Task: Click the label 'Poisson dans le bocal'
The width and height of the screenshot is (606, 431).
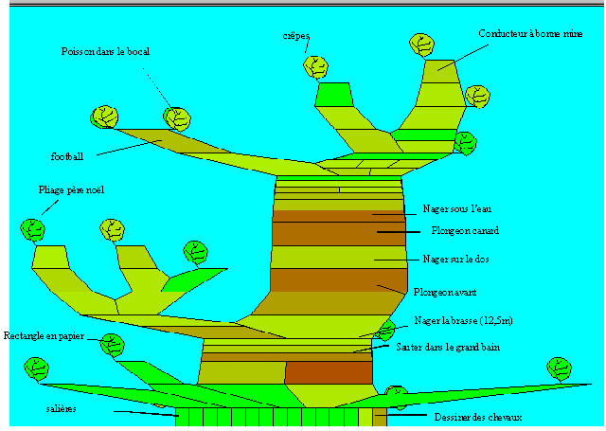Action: tap(105, 51)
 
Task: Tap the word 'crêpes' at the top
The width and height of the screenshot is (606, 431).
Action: tap(296, 37)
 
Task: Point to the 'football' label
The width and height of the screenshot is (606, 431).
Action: tap(67, 156)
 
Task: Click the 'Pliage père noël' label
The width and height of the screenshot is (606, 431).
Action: tap(71, 190)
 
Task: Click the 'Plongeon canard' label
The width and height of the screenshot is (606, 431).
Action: tap(464, 231)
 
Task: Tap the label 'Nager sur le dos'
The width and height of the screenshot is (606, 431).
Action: tap(455, 259)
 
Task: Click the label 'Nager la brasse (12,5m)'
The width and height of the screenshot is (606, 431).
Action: tap(463, 321)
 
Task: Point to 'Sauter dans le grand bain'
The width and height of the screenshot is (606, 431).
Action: tap(448, 348)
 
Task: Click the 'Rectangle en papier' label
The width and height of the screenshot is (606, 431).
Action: tap(44, 336)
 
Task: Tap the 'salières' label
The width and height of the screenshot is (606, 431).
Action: tap(61, 408)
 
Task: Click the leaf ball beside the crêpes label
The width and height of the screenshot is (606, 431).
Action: tap(315, 67)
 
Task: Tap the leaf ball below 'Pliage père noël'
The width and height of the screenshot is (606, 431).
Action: tap(33, 230)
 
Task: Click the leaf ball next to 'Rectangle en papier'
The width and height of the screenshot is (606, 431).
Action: tap(112, 344)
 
